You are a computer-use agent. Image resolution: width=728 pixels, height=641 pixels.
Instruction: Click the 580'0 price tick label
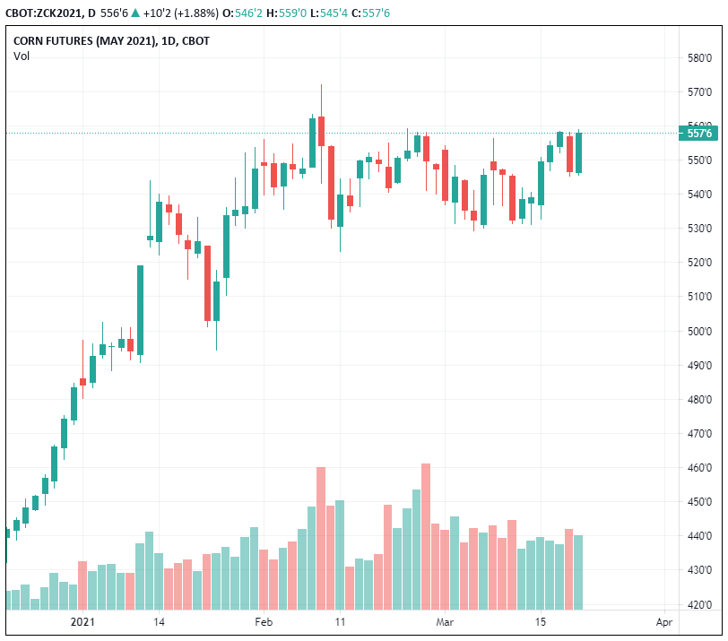pos(698,58)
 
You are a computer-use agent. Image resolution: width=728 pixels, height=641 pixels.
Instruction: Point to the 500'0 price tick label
pos(698,331)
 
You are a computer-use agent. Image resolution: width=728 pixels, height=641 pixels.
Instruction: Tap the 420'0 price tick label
pos(698,603)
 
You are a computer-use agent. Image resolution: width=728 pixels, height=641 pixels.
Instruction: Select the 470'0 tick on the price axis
pos(698,433)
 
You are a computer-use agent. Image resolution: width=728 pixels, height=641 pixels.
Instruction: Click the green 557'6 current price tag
pos(698,134)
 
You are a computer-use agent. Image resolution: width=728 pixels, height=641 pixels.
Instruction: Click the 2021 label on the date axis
pos(82,621)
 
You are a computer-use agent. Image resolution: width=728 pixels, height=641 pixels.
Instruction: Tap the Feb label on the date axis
pos(263,621)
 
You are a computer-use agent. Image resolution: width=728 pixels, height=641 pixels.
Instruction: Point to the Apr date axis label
pos(663,621)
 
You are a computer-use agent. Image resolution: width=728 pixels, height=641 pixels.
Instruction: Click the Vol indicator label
pos(22,56)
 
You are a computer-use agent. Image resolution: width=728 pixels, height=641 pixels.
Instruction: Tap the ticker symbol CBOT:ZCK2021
pos(44,13)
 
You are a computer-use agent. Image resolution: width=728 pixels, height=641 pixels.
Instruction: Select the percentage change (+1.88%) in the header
pos(204,13)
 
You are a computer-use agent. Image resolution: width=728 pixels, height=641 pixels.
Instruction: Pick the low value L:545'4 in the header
pos(332,13)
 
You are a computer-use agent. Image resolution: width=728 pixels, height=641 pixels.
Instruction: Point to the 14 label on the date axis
pos(159,621)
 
